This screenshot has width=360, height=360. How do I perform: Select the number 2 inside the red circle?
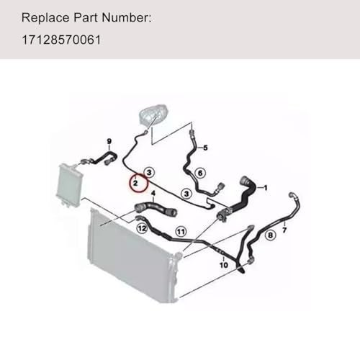click(134, 185)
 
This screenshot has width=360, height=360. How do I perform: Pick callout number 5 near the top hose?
click(205, 148)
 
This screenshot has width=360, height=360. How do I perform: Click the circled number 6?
click(201, 173)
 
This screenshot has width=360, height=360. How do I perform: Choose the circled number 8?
click(270, 235)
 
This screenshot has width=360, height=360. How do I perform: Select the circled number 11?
click(181, 232)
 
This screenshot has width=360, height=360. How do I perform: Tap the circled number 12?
click(142, 228)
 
